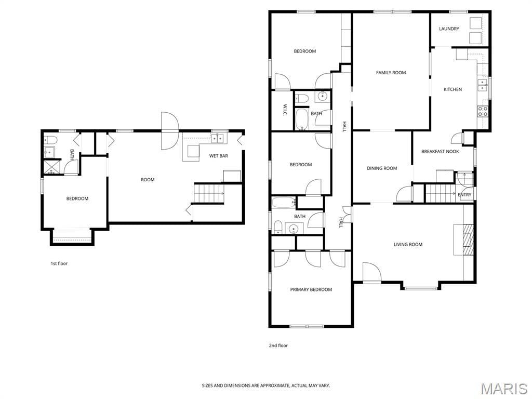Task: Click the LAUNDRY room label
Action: (449, 29)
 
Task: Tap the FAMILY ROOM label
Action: (391, 73)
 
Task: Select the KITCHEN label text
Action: (453, 89)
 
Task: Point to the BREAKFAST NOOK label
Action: (440, 152)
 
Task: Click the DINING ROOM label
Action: (382, 168)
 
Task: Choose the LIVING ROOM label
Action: (408, 244)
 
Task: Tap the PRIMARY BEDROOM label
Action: (311, 289)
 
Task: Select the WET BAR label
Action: (219, 156)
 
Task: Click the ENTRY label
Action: (464, 195)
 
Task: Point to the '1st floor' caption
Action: (59, 263)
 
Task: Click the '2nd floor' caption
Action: (278, 345)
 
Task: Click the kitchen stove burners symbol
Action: (483, 111)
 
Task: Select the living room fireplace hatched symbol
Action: (468, 239)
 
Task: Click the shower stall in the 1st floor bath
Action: (51, 167)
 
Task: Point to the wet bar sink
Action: (218, 138)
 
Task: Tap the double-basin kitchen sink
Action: (482, 85)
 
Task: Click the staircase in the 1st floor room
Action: (209, 193)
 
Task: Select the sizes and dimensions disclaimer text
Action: (266, 385)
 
